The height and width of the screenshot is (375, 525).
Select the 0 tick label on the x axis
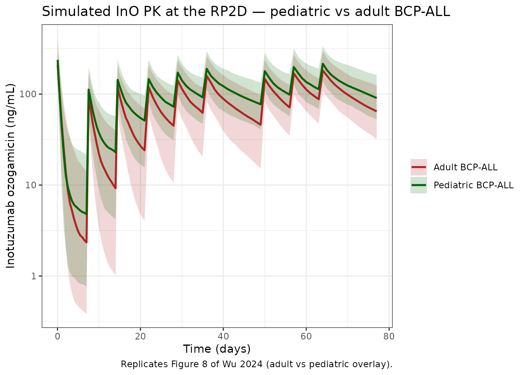pyautogui.click(x=57, y=336)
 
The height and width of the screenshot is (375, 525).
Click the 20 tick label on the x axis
pyautogui.click(x=140, y=336)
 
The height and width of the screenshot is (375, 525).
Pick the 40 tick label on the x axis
pyautogui.click(x=223, y=336)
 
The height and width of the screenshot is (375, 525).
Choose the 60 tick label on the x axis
pyautogui.click(x=306, y=336)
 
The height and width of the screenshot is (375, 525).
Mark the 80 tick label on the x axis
pyautogui.click(x=389, y=336)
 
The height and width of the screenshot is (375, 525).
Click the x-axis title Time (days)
pyautogui.click(x=217, y=349)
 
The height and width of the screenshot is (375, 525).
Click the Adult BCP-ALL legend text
pyautogui.click(x=466, y=168)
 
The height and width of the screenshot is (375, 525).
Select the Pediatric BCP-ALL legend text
pyautogui.click(x=473, y=186)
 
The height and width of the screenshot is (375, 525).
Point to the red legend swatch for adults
pyautogui.click(x=419, y=168)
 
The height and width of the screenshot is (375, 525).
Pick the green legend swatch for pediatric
pyautogui.click(x=419, y=186)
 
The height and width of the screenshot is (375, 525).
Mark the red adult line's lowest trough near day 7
pyautogui.click(x=86, y=243)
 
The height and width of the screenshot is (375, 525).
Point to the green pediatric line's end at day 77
pyautogui.click(x=376, y=98)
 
